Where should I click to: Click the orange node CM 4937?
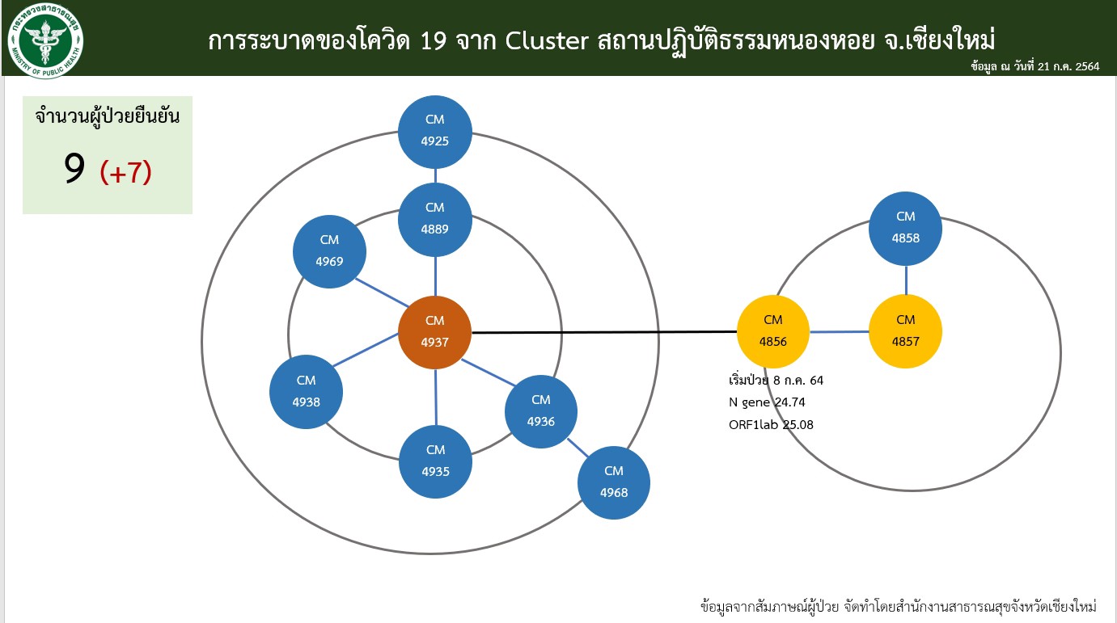435,332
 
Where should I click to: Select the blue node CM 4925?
435,132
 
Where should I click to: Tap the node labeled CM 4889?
435,220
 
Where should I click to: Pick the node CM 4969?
329,251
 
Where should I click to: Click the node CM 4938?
307,392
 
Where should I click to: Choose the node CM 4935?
435,461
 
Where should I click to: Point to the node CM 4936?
541,411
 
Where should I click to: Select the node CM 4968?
614,482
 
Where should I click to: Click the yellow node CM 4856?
773,331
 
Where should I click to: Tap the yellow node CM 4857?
906,331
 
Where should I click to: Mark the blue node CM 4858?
906,229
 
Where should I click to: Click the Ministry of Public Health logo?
45,40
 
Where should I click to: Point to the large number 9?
74,168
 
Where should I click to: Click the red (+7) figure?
125,172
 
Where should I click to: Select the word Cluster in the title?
547,40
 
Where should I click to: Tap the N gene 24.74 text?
767,402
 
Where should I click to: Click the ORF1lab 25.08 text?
771,425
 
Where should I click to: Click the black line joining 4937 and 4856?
604,331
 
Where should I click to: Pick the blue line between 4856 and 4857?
840,331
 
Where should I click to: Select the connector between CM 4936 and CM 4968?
578,448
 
